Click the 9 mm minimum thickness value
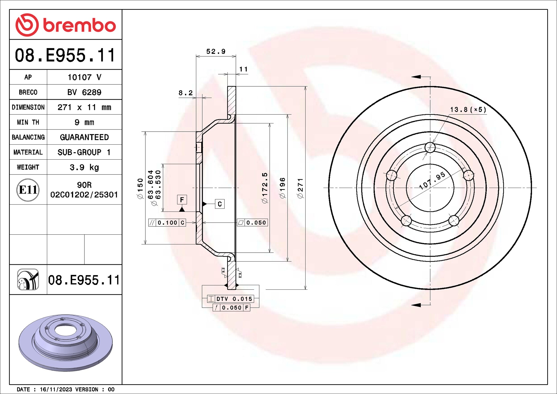[84, 122]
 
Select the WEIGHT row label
[28, 167]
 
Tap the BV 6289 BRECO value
[84, 92]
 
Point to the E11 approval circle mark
[28, 190]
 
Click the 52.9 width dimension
[216, 51]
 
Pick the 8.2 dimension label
[185, 93]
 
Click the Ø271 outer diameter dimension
[300, 188]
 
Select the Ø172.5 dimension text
[265, 188]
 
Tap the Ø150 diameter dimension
[140, 188]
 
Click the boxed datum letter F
[182, 200]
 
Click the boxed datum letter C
[219, 204]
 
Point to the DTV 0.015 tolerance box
[230, 299]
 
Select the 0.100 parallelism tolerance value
[167, 223]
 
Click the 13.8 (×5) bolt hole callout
[468, 110]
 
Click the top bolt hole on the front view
[430, 147]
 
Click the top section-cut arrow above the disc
[416, 77]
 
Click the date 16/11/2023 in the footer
[56, 389]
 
